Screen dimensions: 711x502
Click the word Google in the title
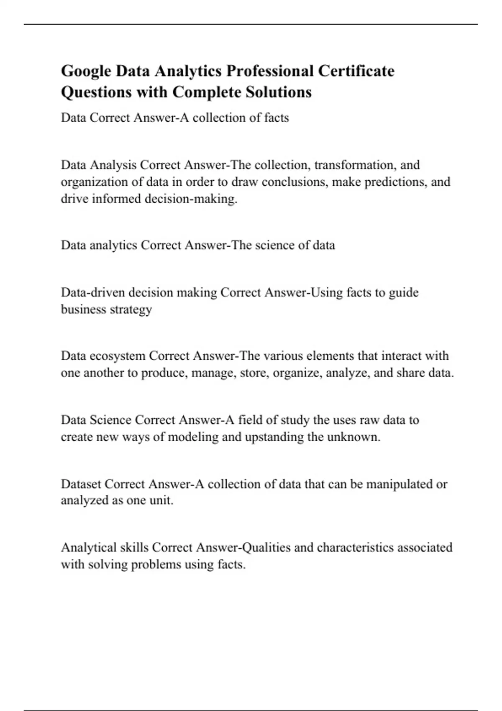point(86,72)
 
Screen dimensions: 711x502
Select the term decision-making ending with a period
point(191,199)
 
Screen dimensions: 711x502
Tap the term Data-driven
point(93,292)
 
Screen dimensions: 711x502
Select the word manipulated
point(400,484)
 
